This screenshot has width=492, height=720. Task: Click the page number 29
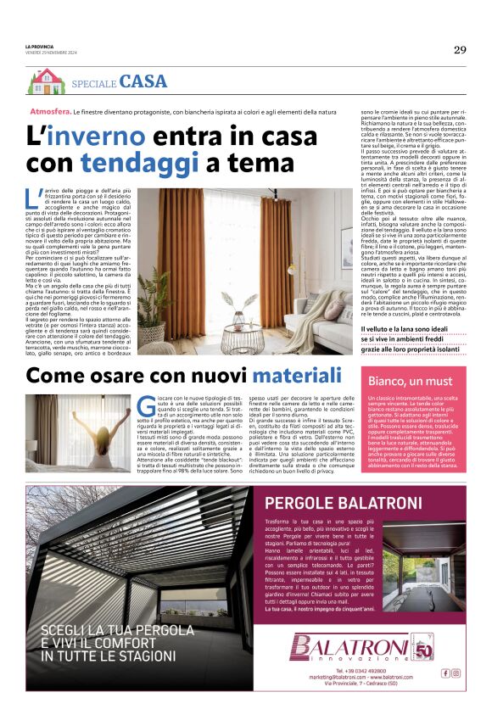point(459,49)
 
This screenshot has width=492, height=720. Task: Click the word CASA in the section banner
point(143,82)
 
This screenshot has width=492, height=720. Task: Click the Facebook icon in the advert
point(445,673)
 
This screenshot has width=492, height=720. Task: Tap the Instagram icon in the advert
point(456,673)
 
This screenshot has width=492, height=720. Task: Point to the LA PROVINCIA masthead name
point(39,47)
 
